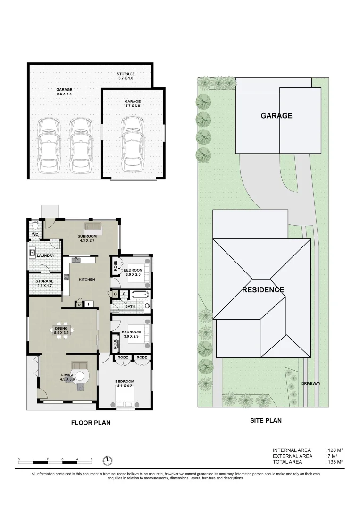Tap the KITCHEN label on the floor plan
pos(87,280)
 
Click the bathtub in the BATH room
pos(140,295)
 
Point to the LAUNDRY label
pos(46,256)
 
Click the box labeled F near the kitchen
pos(88,304)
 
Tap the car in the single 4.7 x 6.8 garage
pos(133,144)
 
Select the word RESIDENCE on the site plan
pos(263,290)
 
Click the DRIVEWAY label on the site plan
pos(311,384)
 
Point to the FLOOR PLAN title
pos(91,423)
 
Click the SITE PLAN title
pos(266,420)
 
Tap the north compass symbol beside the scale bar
pos(108,460)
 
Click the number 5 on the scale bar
pos(92,459)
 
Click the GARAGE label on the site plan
pos(276,116)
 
